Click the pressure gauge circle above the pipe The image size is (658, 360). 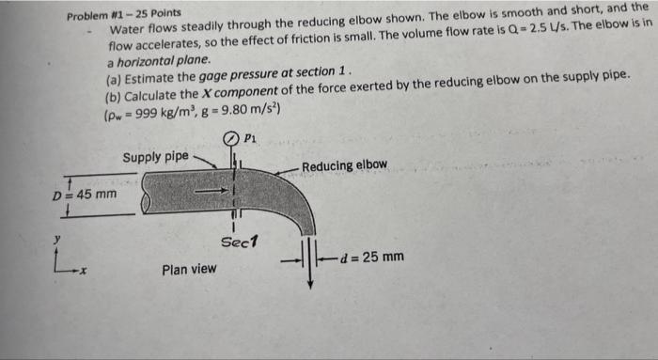pos(229,137)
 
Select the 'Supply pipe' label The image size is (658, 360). pos(155,155)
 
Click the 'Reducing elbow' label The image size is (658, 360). pos(345,165)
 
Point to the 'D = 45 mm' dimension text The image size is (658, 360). pos(85,195)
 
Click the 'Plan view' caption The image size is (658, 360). pos(191,270)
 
